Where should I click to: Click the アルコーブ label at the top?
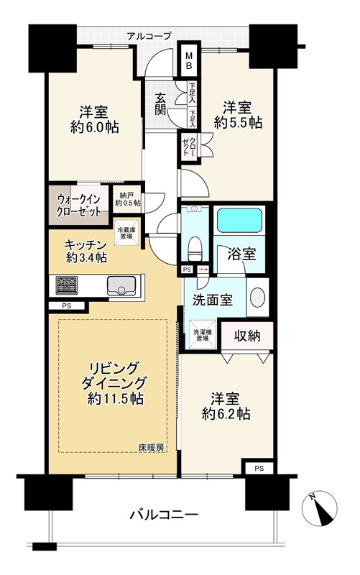(x=149, y=35)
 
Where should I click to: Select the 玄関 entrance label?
(x=160, y=103)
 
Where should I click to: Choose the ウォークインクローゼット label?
(x=79, y=202)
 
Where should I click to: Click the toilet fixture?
(x=192, y=249)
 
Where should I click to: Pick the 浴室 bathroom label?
(x=240, y=253)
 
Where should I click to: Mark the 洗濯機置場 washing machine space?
(x=201, y=335)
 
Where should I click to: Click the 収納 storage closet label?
(x=245, y=336)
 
